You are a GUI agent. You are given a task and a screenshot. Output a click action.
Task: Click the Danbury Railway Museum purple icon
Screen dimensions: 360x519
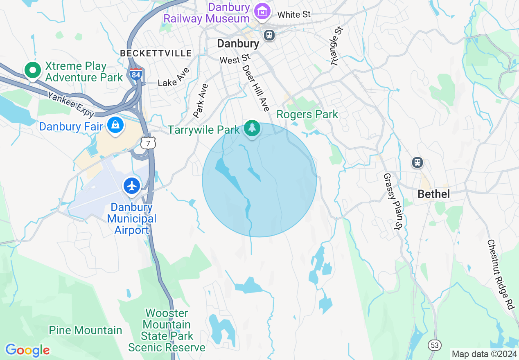pyautogui.click(x=262, y=11)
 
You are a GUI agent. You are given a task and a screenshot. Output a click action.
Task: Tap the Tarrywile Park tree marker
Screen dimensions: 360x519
pyautogui.click(x=252, y=128)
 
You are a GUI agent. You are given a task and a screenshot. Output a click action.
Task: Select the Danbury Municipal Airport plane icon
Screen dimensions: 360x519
pyautogui.click(x=132, y=186)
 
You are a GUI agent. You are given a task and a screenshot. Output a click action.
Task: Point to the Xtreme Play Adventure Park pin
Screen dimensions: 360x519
pyautogui.click(x=32, y=70)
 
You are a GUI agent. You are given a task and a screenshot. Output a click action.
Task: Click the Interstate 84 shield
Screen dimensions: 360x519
pyautogui.click(x=136, y=74)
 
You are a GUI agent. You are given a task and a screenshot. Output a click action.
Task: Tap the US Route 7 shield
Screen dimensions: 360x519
pyautogui.click(x=148, y=144)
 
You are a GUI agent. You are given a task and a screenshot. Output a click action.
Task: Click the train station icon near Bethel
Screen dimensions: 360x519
pyautogui.click(x=417, y=162)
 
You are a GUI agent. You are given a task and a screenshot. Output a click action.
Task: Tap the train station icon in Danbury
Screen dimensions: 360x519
pyautogui.click(x=269, y=35)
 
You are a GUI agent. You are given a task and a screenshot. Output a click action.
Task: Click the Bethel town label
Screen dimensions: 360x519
pyautogui.click(x=433, y=194)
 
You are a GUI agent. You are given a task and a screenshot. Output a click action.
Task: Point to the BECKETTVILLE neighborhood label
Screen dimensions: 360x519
pyautogui.click(x=156, y=53)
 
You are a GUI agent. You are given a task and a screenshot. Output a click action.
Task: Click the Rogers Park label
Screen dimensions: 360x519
pyautogui.click(x=307, y=114)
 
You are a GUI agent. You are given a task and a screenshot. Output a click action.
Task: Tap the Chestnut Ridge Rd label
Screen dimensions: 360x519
pyautogui.click(x=500, y=274)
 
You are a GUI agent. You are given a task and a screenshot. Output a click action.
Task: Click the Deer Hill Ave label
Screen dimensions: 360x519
pyautogui.click(x=256, y=88)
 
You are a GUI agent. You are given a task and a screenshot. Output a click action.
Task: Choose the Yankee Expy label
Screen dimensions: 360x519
pyautogui.click(x=71, y=104)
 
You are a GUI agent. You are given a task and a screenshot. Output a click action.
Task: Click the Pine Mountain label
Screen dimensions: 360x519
pyautogui.click(x=86, y=330)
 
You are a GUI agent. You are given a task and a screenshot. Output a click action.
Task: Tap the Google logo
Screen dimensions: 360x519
pyautogui.click(x=27, y=350)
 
